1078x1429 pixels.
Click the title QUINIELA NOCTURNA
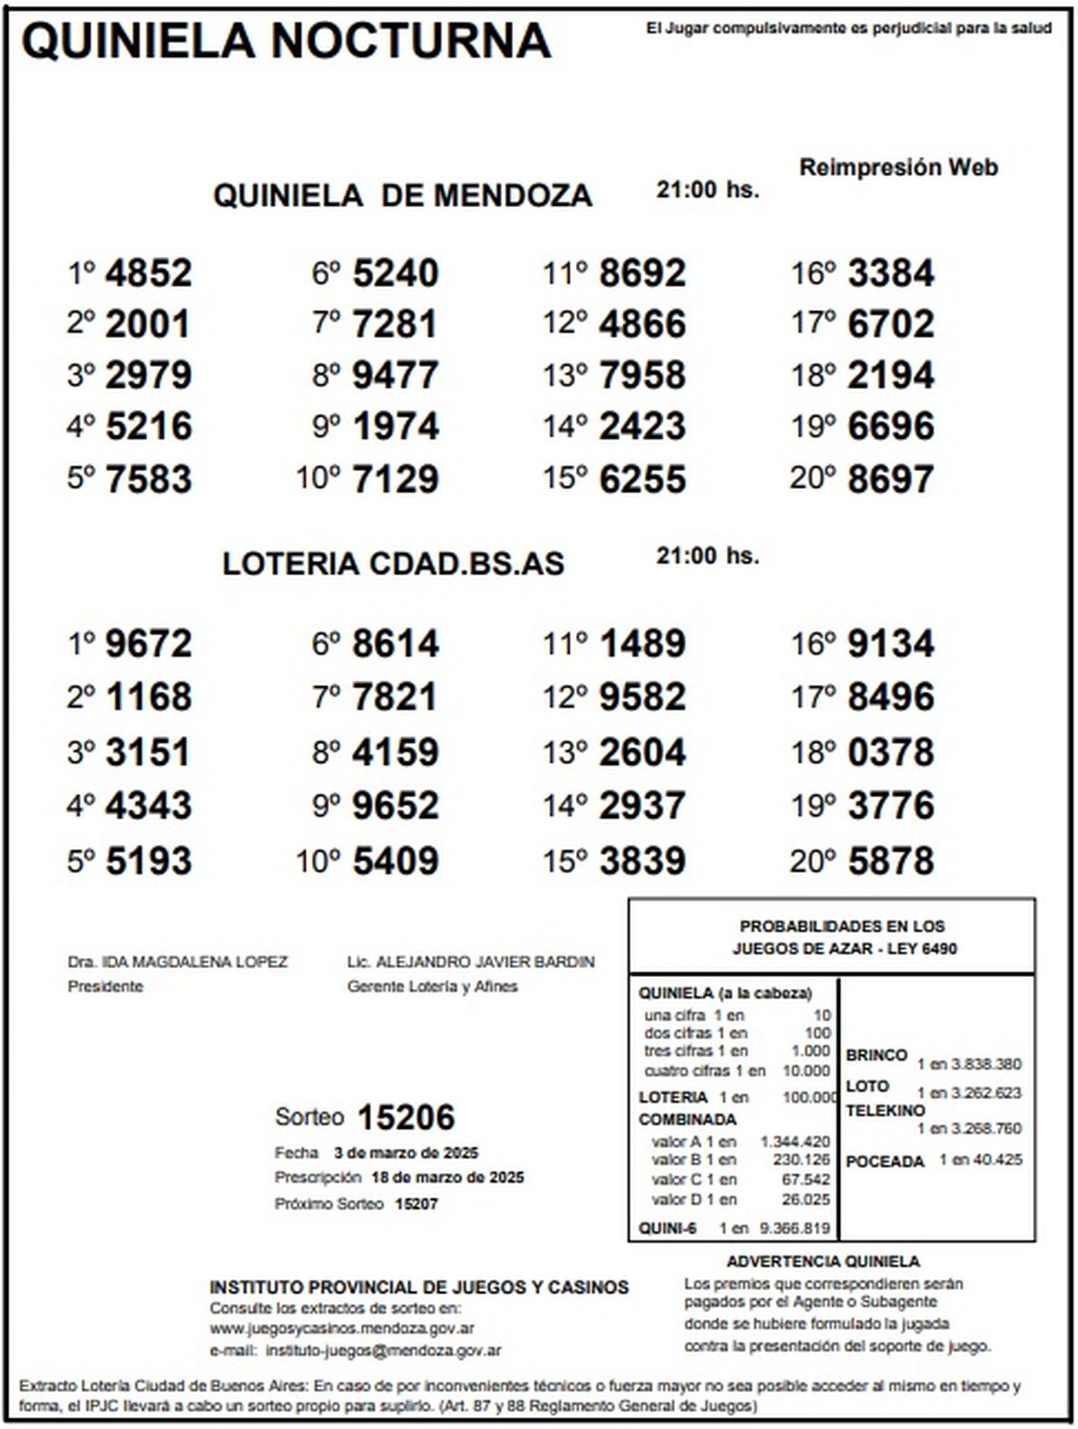(286, 40)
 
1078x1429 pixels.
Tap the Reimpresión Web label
(898, 168)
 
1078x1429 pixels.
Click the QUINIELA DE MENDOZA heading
(402, 195)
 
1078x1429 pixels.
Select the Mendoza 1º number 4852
(148, 273)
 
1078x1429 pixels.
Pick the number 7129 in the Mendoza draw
(395, 479)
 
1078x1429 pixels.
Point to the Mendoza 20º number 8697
(890, 479)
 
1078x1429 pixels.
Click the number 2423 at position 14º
(642, 427)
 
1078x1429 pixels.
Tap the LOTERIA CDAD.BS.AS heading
(393, 564)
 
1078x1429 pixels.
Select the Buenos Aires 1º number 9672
(148, 643)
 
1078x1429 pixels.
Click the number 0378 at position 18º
(890, 752)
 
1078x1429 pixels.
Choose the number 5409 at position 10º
(395, 862)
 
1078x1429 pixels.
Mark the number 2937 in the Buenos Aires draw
(642, 806)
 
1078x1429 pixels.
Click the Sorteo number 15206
(406, 1117)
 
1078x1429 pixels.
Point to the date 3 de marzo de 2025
(405, 1153)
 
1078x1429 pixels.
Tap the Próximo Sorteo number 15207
(417, 1203)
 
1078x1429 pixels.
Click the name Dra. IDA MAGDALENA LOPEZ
(178, 962)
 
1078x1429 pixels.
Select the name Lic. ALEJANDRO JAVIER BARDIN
(471, 962)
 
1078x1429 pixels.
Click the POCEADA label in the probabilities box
(885, 1161)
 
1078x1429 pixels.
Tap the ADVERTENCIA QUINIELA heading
(823, 1262)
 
